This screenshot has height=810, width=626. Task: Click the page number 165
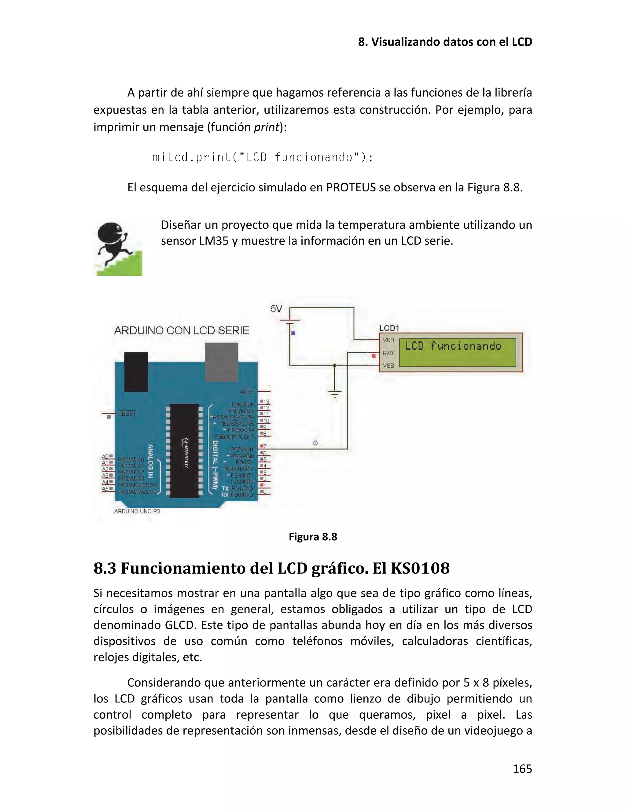[522, 769]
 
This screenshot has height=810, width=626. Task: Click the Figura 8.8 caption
[313, 537]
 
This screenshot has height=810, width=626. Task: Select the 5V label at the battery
[276, 309]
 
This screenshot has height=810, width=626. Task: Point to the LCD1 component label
[389, 328]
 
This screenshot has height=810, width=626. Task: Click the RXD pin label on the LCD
[388, 353]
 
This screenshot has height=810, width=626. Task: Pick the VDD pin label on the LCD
[388, 340]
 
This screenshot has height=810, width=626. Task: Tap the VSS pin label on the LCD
[388, 366]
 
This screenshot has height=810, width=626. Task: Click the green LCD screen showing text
[457, 352]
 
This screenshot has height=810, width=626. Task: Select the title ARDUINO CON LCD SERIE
[182, 330]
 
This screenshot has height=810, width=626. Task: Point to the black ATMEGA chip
[184, 451]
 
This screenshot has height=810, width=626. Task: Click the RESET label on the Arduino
[127, 414]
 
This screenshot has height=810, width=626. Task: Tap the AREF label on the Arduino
[247, 392]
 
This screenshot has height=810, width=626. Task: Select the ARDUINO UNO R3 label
[137, 511]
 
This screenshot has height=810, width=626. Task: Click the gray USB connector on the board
[221, 362]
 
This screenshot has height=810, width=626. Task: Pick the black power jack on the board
[136, 372]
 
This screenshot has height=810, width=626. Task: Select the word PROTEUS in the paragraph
[351, 188]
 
